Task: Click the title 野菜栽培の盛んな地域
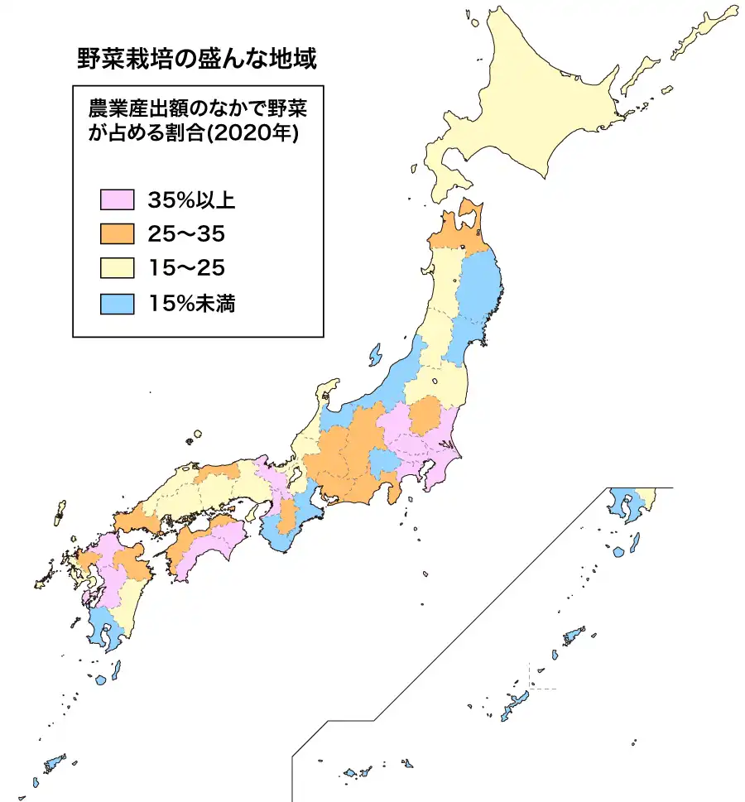(197, 60)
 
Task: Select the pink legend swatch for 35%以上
(117, 199)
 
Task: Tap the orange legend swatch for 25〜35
(117, 234)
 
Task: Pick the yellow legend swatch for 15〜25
(117, 269)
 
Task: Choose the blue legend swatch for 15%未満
(117, 304)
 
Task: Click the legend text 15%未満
(192, 304)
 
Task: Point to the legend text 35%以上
(192, 199)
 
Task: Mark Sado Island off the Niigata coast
(374, 355)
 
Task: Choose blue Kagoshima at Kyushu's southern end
(104, 629)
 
